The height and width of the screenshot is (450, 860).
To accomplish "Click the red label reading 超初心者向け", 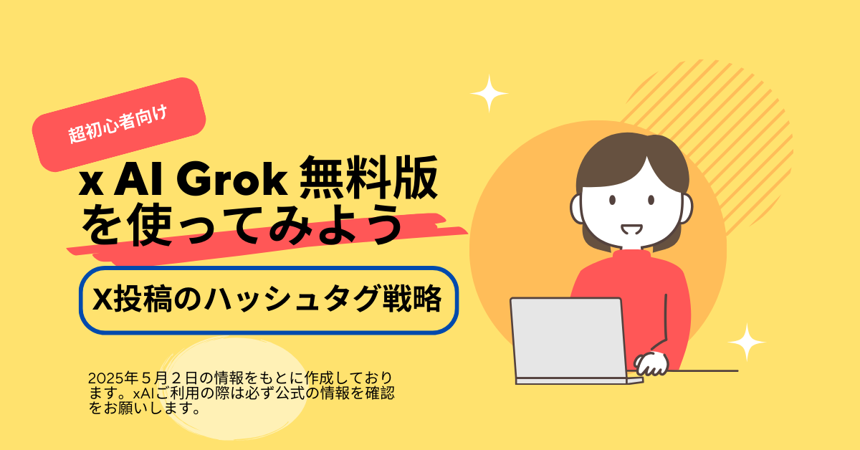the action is tap(119, 125).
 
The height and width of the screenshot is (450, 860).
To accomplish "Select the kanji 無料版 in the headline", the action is tap(368, 178).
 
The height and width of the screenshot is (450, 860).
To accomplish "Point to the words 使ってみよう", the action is tap(265, 224).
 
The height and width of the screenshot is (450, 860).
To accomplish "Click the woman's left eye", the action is tap(612, 200).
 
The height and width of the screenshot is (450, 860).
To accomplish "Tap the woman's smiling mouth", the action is tap(631, 229).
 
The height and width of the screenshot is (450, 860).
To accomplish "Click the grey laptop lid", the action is tap(568, 338).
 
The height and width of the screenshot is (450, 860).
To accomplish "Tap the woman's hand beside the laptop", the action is tap(651, 363).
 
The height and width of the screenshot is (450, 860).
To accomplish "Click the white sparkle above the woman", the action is tap(489, 93).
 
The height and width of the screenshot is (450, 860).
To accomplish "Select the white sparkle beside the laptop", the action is tap(747, 342).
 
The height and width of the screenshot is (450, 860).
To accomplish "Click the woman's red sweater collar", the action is tap(631, 254).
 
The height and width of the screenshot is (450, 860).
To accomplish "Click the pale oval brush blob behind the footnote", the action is tap(234, 388).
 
